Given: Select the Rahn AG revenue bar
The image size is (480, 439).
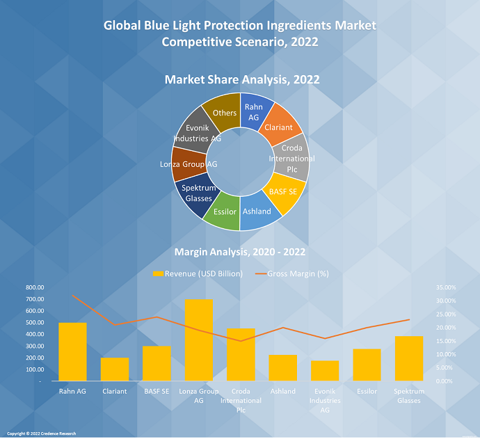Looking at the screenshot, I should [x=72, y=352].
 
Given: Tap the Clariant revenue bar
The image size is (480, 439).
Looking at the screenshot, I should [x=115, y=369].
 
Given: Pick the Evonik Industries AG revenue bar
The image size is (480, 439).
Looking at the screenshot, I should [x=325, y=371].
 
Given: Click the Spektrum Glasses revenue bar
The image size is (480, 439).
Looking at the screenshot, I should [x=408, y=359].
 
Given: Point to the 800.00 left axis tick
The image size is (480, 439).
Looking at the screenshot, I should [x=35, y=287].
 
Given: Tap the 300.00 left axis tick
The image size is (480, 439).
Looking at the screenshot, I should [x=35, y=346].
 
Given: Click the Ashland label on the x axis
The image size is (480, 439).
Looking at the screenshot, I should [x=283, y=392].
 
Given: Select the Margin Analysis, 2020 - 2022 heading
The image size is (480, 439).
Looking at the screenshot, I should [x=240, y=251].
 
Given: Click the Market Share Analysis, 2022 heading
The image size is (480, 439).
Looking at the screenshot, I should [x=242, y=80].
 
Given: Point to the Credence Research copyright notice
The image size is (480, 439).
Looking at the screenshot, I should [x=42, y=433].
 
